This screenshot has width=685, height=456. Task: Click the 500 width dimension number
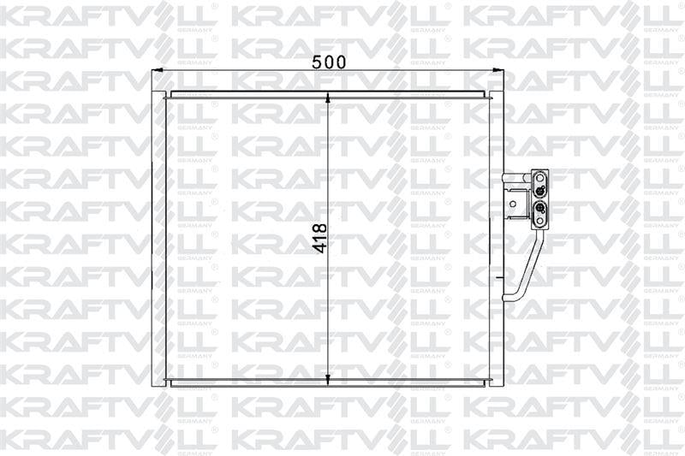328,62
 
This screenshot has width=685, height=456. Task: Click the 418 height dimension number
320,237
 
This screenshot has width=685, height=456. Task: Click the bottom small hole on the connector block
541,222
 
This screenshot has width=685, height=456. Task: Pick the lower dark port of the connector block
541,208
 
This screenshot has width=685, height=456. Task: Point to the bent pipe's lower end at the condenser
508,298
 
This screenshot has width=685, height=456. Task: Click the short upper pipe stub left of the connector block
516,177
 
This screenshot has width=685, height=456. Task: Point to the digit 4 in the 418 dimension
320,249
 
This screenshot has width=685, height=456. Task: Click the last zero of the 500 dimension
341,62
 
